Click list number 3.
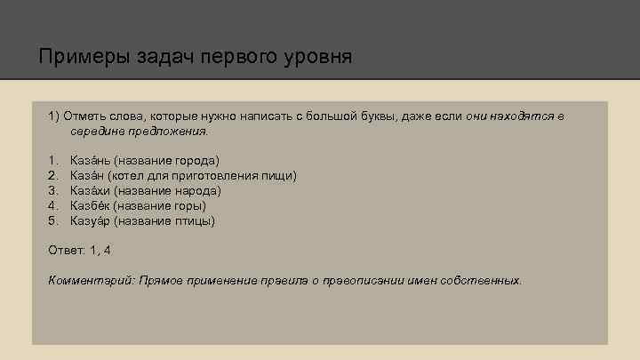[x=53, y=190]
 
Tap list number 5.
[x=53, y=220]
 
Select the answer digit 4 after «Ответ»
[x=107, y=250]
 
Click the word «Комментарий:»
[x=91, y=280]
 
